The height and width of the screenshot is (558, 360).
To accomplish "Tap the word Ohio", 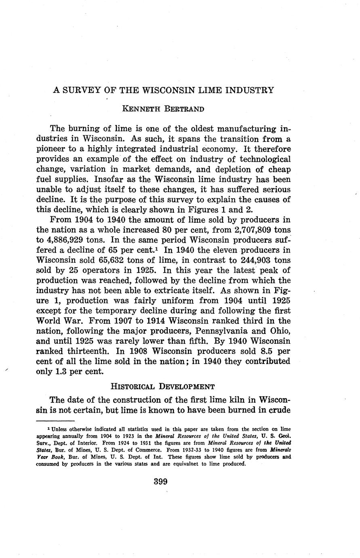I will pyautogui.click(x=279, y=331).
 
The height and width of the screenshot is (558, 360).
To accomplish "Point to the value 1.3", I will pyautogui.click(x=64, y=372).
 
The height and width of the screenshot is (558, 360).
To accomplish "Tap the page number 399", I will pyautogui.click(x=160, y=482).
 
